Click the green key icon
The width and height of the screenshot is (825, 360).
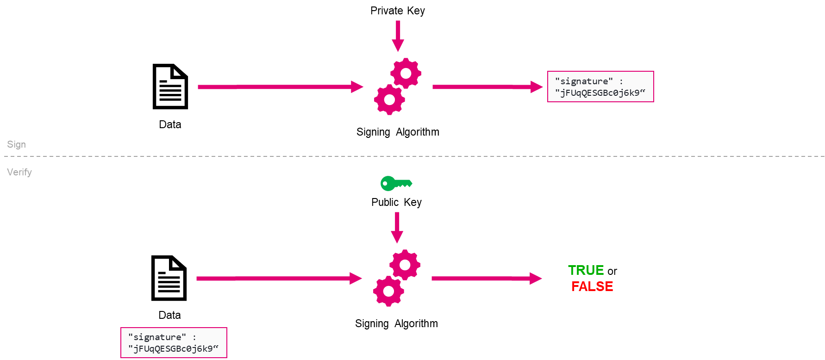(x=396, y=184)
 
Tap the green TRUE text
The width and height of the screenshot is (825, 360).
(x=586, y=270)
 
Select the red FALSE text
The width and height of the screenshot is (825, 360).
(x=592, y=286)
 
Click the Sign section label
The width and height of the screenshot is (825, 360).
(x=16, y=144)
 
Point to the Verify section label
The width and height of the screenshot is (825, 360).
(x=19, y=172)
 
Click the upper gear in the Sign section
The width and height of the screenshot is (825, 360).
(x=406, y=73)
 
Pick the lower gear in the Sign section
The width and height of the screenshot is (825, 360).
(x=390, y=99)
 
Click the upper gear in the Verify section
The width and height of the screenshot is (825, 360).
(x=405, y=265)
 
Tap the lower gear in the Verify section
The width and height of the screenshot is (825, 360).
(x=389, y=291)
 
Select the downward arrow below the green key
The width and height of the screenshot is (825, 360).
(x=397, y=227)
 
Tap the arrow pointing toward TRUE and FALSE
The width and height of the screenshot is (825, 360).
(x=486, y=279)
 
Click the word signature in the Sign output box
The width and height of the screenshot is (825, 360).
(x=584, y=81)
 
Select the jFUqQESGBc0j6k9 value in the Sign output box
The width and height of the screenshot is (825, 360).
(x=600, y=93)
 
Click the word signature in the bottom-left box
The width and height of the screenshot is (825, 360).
(x=157, y=337)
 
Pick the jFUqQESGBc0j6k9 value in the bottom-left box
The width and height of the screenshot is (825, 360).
(x=173, y=349)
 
